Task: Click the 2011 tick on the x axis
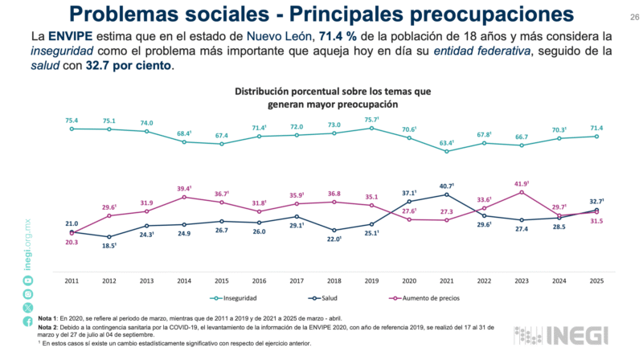pyautogui.click(x=71, y=280)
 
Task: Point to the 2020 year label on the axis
pyautogui.click(x=409, y=280)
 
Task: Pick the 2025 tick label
pyautogui.click(x=597, y=280)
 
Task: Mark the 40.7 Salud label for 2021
pyautogui.click(x=447, y=186)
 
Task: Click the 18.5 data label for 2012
pyautogui.click(x=110, y=244)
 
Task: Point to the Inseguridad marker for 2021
pyautogui.click(x=447, y=151)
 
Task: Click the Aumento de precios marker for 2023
pyautogui.click(x=522, y=192)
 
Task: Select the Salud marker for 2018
pyautogui.click(x=334, y=230)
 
